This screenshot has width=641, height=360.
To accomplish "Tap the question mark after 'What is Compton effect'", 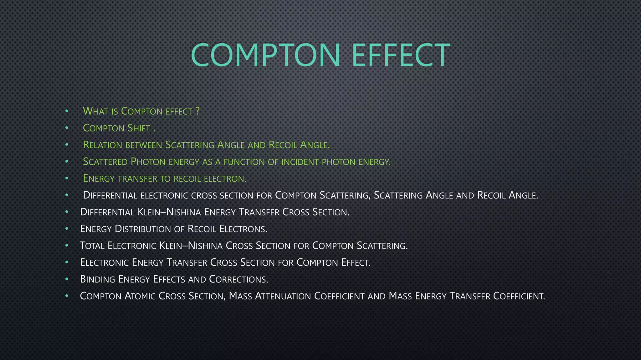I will [x=197, y=111].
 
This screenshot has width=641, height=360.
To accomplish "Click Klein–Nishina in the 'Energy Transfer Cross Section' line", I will [x=169, y=212].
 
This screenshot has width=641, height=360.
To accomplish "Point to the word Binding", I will [x=97, y=279].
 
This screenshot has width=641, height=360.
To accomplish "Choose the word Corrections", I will [x=238, y=279].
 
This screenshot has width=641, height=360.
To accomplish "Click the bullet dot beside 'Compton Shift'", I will [x=67, y=127].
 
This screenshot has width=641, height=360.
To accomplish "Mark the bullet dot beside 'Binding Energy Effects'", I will [x=67, y=279].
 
